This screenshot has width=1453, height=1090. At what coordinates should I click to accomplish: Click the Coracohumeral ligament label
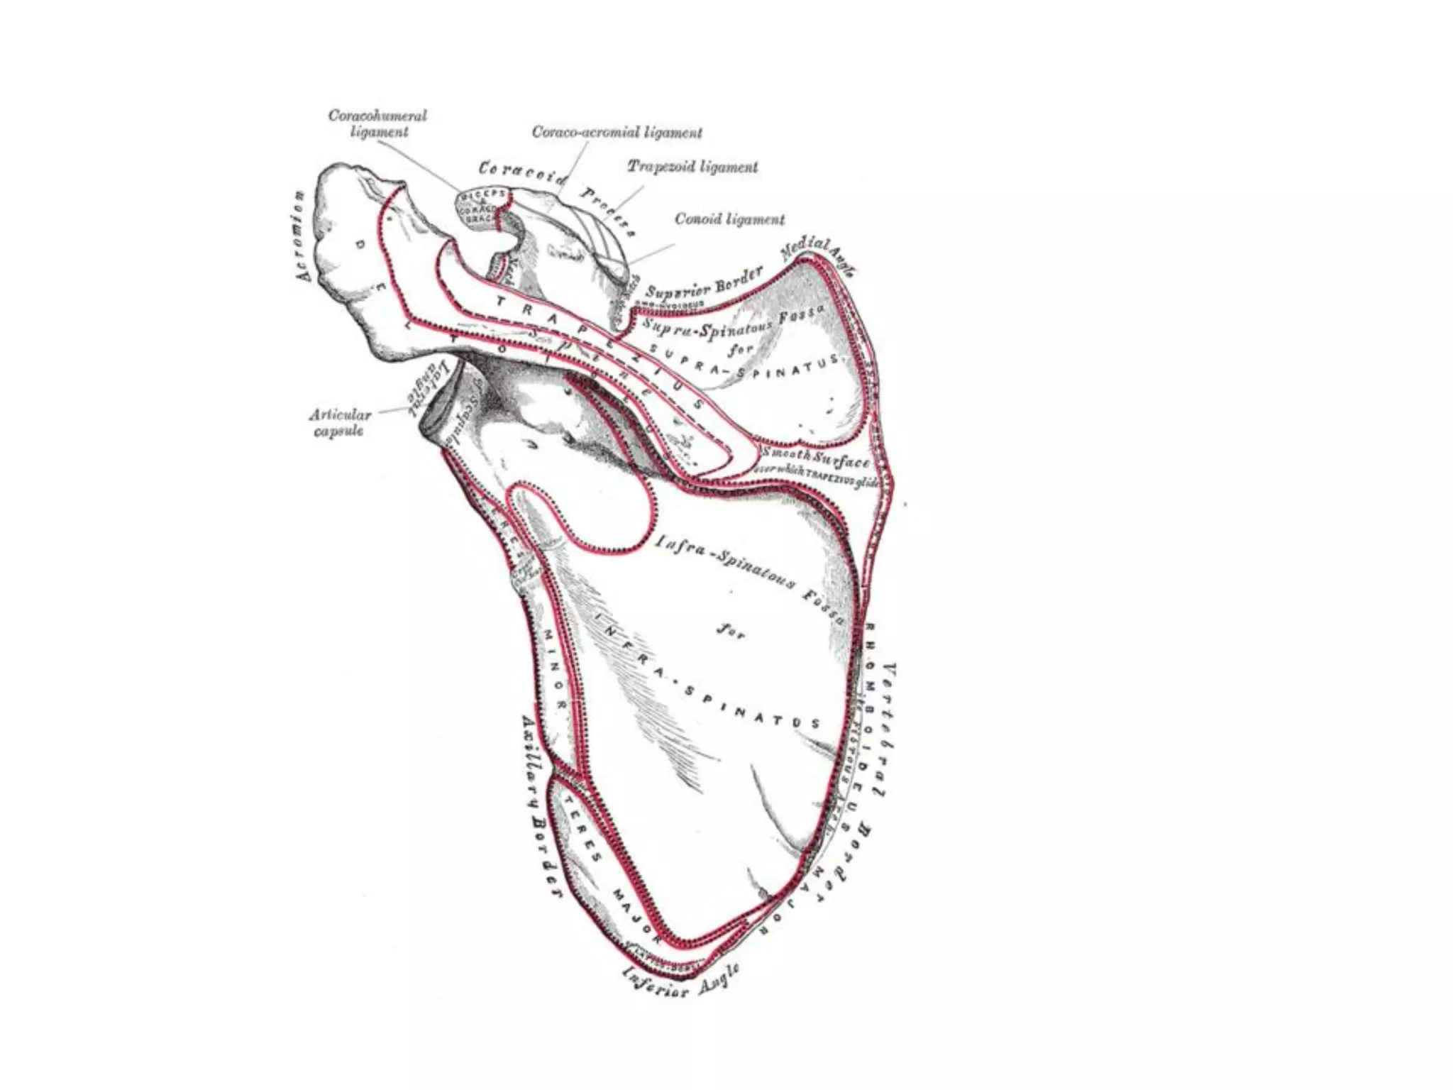(377, 123)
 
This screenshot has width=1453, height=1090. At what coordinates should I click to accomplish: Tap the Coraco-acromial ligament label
(617, 133)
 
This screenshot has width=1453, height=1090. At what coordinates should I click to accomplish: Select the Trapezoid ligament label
(692, 167)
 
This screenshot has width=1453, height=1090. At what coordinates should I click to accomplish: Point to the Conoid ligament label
(729, 219)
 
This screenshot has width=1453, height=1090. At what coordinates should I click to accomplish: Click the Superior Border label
(704, 283)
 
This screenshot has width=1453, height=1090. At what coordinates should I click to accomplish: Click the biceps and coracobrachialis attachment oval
(484, 206)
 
